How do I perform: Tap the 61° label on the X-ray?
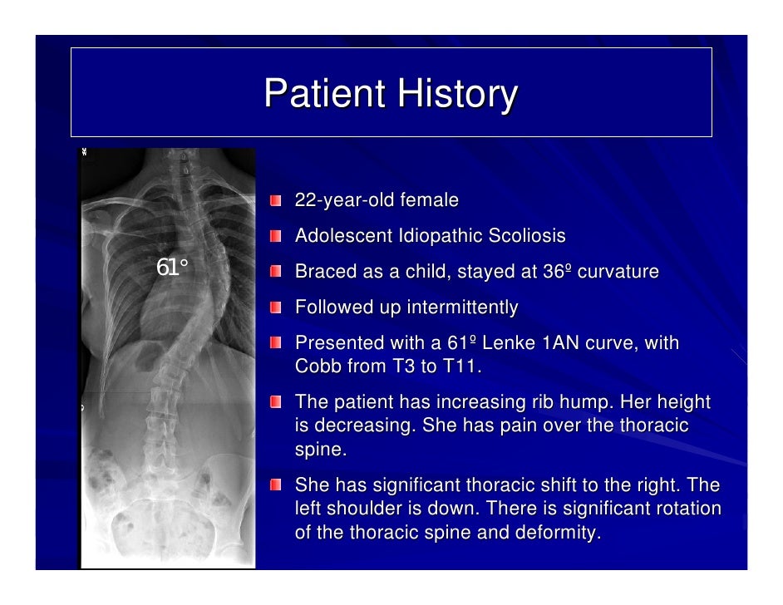[x=172, y=268]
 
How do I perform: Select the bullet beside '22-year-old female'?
[x=275, y=201]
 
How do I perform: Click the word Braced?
[x=323, y=272]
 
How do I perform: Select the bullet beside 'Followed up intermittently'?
[x=275, y=308]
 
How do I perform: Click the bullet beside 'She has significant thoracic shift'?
[x=275, y=485]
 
